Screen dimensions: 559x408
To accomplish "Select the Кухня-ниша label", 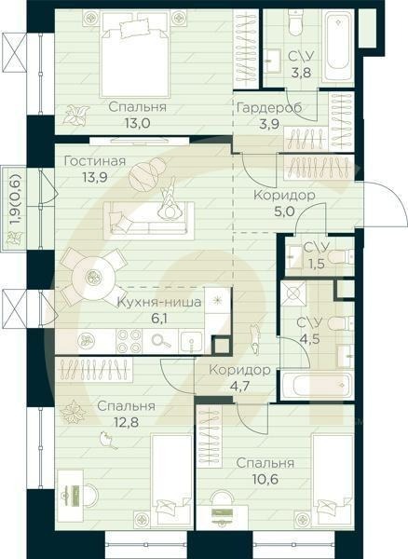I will tap(155, 302).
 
